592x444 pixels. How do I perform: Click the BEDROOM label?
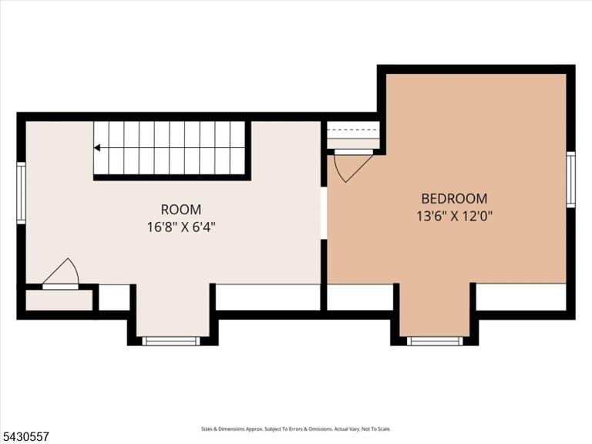pos(454,199)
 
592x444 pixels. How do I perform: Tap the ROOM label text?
pos(181,210)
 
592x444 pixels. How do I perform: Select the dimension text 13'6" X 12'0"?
pos(455,217)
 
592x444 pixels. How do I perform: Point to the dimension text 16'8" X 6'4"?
pos(181,227)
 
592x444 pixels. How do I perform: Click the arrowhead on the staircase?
pos(97,148)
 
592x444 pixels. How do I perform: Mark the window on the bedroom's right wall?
pos(571,180)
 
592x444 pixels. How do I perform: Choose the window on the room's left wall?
pos(21,193)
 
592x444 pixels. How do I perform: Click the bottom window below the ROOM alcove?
pos(171,341)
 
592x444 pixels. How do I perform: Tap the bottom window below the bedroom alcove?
pos(435,341)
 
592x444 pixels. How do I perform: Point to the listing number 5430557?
pos(25,437)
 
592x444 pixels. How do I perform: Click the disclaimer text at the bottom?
pos(296,429)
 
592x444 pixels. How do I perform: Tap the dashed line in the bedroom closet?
pos(353,129)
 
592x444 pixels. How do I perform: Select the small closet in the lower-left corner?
pos(59,300)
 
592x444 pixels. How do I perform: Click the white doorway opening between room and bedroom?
pos(324,213)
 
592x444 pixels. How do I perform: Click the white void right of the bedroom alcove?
pos(521,297)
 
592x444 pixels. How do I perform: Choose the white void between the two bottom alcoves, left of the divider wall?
pos(267,297)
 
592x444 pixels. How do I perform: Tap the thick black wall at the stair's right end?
pos(248,150)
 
